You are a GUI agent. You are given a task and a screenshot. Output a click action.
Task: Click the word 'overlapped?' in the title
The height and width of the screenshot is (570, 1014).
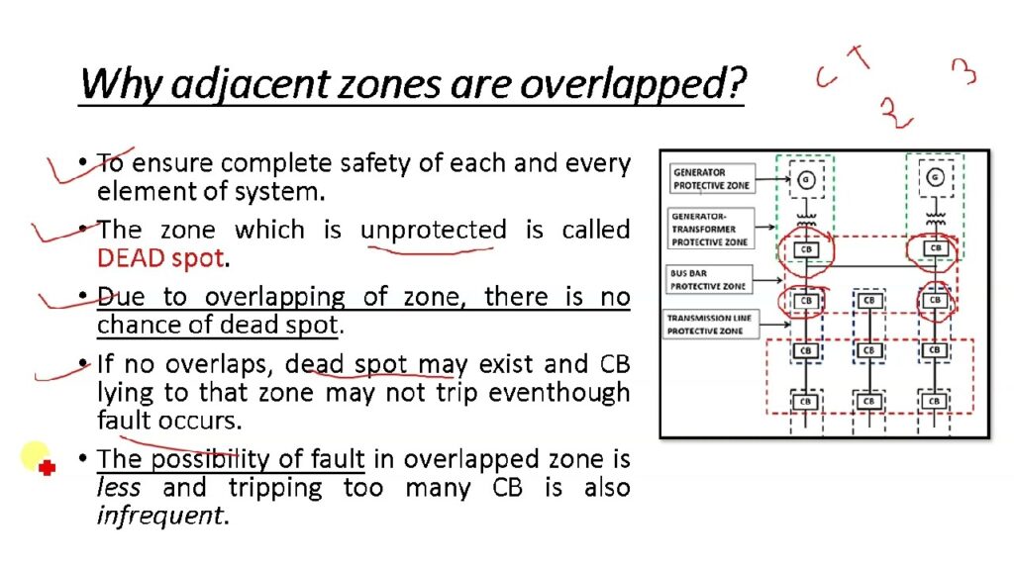pos(633,84)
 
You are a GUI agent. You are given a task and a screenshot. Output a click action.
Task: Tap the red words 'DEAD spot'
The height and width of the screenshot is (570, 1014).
pos(160,258)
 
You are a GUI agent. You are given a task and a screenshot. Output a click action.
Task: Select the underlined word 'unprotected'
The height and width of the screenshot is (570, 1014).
pos(434,230)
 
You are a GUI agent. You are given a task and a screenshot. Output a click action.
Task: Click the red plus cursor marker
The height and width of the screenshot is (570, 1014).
pos(47,467)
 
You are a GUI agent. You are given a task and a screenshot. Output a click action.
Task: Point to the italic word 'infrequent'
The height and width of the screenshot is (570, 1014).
pos(159,515)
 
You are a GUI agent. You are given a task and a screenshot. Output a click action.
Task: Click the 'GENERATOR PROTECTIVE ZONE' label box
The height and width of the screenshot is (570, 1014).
pos(711,178)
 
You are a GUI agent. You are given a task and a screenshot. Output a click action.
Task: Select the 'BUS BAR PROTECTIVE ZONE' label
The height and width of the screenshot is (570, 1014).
pos(708,279)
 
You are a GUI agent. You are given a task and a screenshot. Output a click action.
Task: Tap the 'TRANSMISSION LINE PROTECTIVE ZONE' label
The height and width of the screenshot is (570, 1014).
pos(709,324)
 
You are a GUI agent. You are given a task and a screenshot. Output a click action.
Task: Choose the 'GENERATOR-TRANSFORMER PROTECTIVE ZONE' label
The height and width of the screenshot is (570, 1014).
pos(710,229)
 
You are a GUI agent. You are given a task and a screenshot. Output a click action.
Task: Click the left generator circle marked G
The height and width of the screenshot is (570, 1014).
pos(806,180)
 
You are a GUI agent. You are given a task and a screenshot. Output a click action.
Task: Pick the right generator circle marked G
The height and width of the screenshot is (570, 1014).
pos(935,176)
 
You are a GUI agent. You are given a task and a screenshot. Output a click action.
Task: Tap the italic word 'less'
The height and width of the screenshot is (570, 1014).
pos(119,487)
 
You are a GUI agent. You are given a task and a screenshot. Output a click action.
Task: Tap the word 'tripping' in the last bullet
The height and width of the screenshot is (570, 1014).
pos(275,487)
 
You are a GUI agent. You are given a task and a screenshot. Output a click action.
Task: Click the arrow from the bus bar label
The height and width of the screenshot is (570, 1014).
pos(767,280)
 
